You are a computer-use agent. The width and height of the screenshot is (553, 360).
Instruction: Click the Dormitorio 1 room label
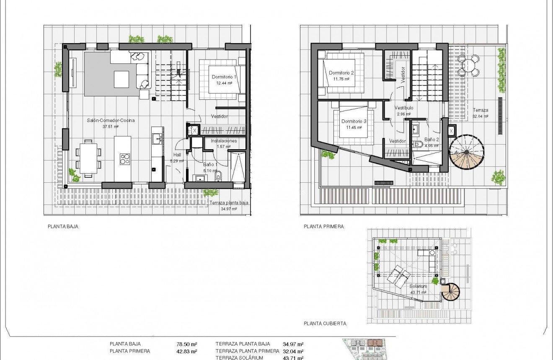224,77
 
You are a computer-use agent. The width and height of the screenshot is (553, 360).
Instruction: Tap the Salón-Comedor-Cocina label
111,120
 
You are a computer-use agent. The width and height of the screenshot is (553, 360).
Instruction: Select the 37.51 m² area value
111,126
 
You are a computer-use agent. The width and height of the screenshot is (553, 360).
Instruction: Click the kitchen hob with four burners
125,159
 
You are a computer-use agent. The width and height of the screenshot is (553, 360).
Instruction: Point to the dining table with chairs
88,158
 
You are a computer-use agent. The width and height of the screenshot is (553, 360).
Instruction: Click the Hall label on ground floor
177,155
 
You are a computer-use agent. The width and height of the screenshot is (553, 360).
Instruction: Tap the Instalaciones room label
224,141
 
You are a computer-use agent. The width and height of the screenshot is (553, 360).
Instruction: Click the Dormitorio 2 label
341,73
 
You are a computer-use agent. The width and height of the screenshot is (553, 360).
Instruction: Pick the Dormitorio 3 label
354,122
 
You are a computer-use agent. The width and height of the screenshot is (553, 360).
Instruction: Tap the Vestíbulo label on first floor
404,108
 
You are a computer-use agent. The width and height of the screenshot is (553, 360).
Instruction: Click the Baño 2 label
432,140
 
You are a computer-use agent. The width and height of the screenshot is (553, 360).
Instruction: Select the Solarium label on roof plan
418,287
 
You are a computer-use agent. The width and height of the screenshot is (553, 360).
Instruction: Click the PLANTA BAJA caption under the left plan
63,226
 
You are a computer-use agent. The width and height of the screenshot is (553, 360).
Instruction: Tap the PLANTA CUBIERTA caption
325,324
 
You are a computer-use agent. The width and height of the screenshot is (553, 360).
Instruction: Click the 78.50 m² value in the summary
187,344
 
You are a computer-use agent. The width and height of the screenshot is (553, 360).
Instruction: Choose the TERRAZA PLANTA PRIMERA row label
247,351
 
